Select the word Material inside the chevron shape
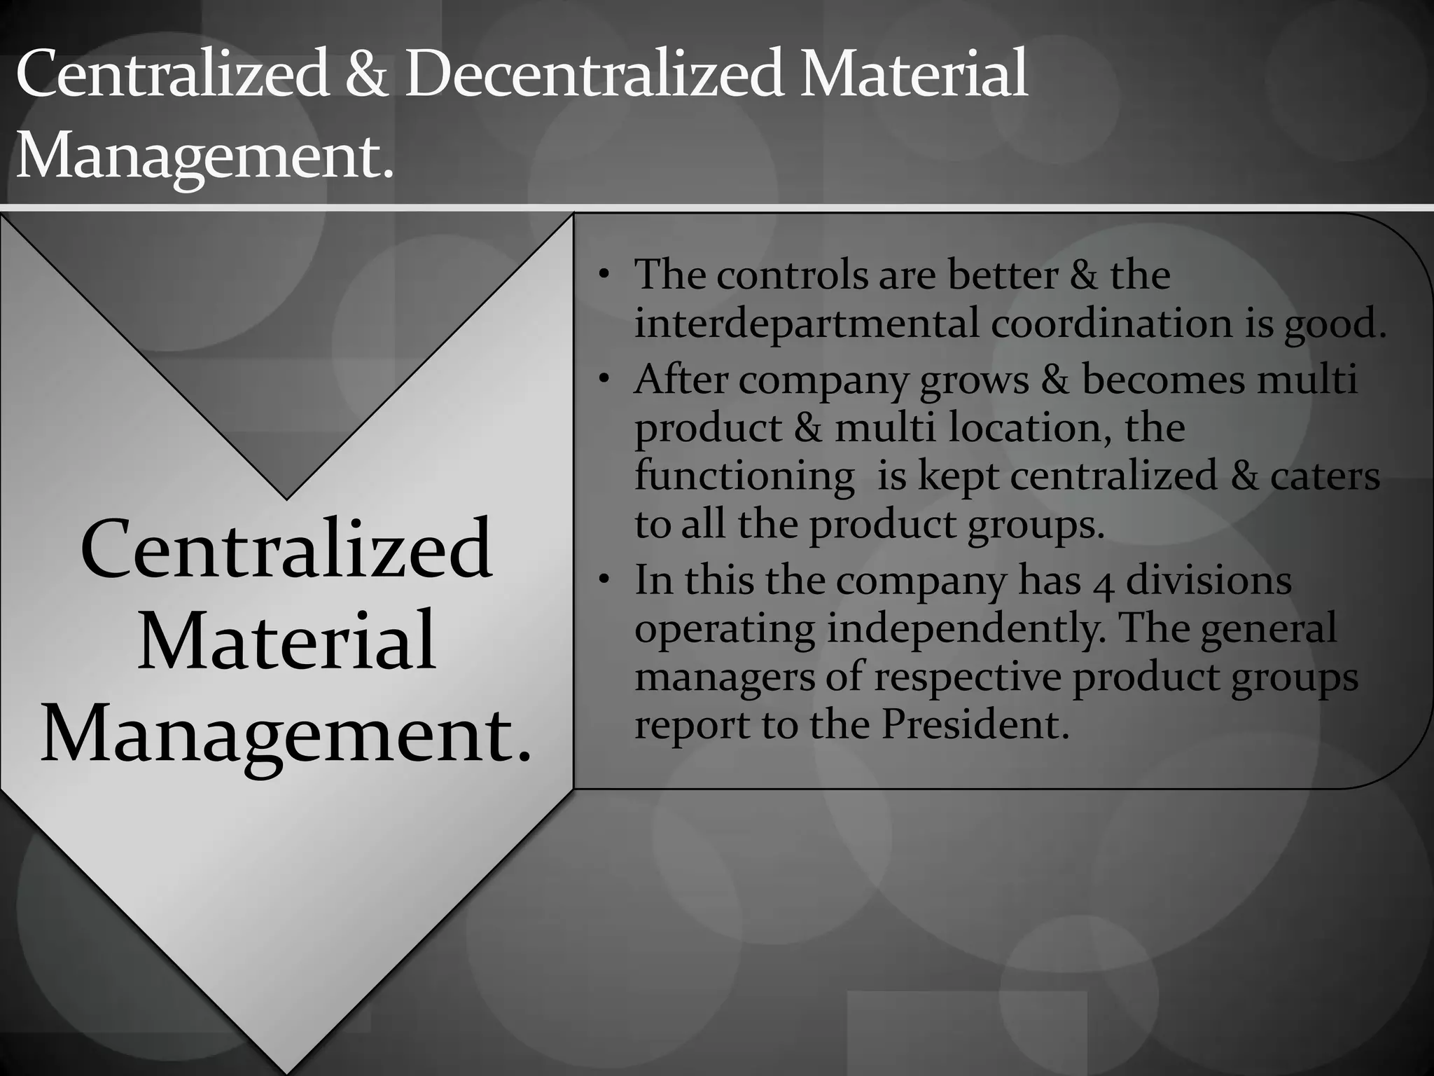286,640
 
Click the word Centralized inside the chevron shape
286,549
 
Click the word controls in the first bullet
792,275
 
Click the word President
975,724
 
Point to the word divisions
1209,581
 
